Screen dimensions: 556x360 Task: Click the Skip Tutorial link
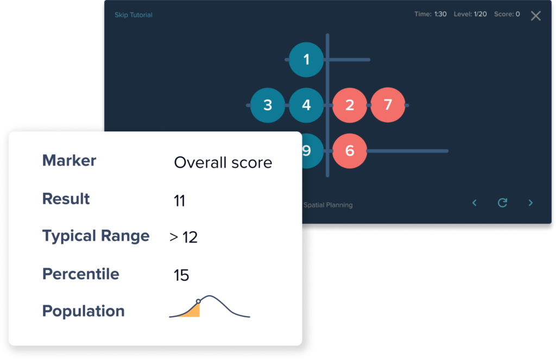point(134,15)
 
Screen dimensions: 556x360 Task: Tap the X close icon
point(535,16)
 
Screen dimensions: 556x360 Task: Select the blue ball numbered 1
point(306,60)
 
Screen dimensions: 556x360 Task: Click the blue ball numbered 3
point(268,105)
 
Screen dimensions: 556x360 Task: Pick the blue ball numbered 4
point(306,105)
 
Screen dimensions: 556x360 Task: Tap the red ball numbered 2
point(350,105)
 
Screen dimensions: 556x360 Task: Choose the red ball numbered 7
point(388,105)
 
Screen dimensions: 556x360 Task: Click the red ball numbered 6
point(350,151)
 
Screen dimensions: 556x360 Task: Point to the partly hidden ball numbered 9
point(312,151)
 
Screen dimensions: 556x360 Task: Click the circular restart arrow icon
point(502,203)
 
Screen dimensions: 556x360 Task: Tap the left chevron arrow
point(475,203)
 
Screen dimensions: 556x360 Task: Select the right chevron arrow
point(530,203)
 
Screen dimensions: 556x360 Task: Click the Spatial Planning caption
point(328,205)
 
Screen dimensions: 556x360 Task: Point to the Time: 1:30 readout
point(431,14)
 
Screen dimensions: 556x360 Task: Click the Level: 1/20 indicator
point(470,14)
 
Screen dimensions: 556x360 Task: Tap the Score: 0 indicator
point(507,14)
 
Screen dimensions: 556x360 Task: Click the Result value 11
point(179,201)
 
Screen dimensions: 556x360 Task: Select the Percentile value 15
point(181,275)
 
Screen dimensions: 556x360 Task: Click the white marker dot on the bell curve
point(198,301)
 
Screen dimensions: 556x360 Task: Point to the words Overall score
point(223,162)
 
